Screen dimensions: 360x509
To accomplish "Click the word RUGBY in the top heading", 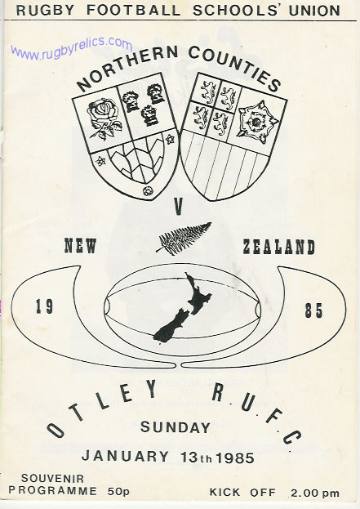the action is (x=45, y=11).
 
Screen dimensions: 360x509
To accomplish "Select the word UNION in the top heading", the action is (x=314, y=11).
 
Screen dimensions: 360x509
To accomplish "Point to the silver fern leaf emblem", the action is (x=184, y=238).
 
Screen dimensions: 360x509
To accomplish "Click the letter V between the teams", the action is (x=179, y=208).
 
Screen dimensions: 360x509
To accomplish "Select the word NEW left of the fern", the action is (x=81, y=246).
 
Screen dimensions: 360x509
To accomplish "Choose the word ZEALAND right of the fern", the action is (x=279, y=247).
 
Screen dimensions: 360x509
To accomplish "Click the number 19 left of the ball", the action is (x=44, y=306).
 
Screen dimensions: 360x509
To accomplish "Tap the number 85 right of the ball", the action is (x=314, y=310).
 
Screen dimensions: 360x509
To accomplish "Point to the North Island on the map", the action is (x=198, y=294).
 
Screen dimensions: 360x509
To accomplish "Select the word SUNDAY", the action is (x=176, y=427).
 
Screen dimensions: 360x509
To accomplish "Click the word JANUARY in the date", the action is (x=125, y=456).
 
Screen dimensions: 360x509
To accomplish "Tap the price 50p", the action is (x=118, y=492).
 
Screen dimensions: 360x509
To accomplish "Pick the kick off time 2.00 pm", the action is (x=315, y=493).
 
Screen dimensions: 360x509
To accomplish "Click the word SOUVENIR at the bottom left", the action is (x=52, y=478).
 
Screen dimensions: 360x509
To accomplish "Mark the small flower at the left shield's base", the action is (x=148, y=191).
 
